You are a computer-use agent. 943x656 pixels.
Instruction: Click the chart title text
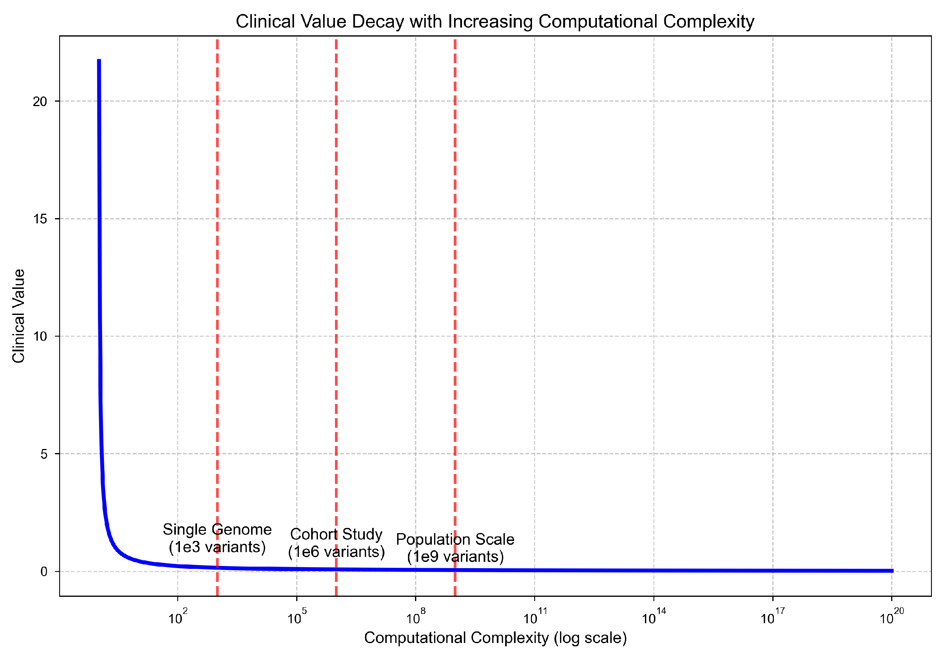494,21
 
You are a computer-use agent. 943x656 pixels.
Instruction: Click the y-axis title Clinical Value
19,316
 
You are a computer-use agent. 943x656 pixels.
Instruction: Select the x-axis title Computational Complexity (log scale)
495,637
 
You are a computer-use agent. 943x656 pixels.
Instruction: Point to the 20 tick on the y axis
40,101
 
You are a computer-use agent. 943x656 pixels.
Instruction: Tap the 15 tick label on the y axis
40,219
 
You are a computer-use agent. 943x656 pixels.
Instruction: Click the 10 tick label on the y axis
40,337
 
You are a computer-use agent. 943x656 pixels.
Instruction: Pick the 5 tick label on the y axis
44,454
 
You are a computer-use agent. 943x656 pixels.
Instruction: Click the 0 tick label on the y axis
44,571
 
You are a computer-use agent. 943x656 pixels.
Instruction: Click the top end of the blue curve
99,61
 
